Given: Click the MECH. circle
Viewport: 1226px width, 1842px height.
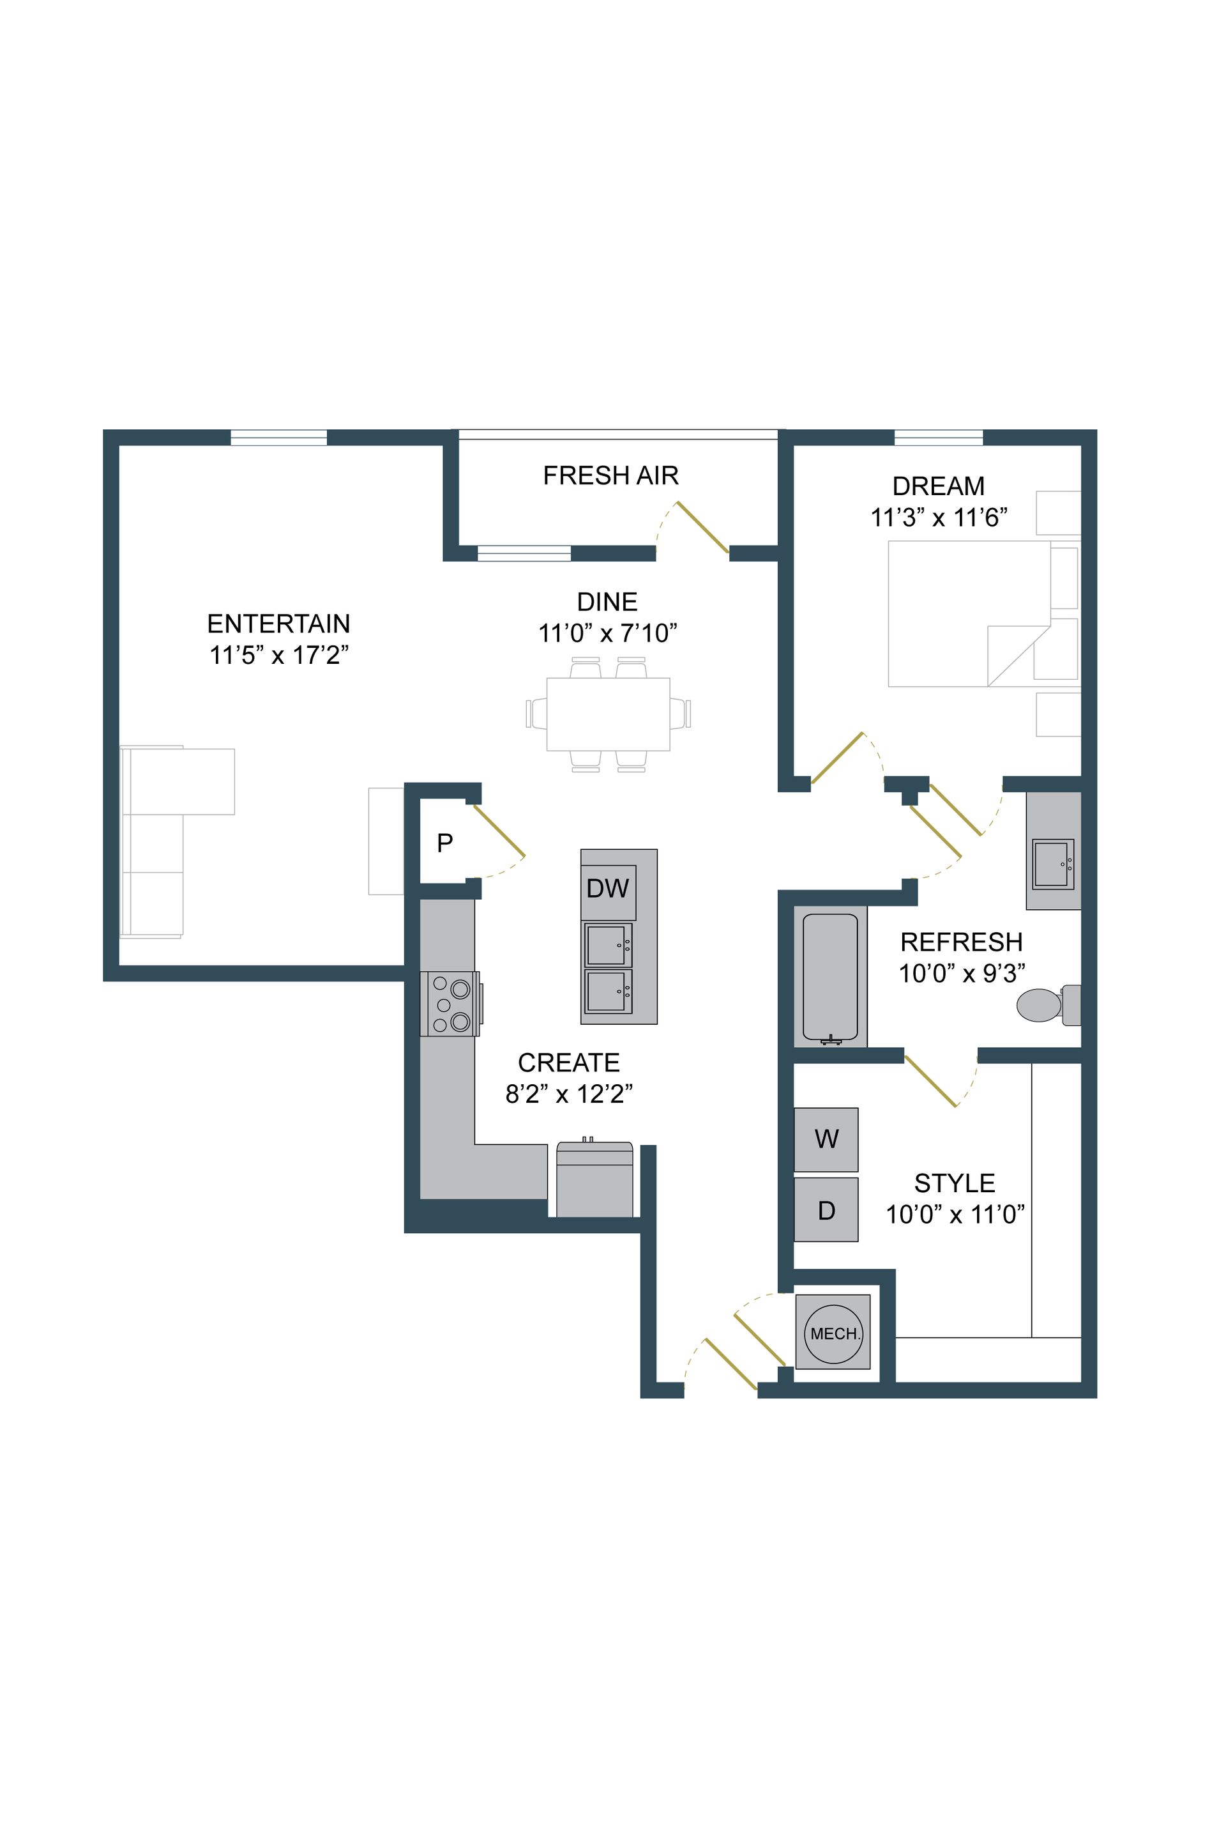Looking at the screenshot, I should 833,1333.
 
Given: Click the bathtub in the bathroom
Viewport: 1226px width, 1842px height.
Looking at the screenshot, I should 829,978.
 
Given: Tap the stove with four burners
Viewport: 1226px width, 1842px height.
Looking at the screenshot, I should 450,1004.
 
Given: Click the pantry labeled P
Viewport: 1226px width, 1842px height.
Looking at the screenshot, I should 444,843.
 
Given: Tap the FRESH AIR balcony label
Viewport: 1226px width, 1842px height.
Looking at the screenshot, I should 610,475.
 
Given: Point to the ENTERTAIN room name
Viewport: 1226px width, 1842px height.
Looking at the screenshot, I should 278,624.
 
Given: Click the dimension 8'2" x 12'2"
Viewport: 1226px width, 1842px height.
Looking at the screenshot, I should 568,1093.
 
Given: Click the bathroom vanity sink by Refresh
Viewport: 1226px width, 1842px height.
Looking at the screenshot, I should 1052,864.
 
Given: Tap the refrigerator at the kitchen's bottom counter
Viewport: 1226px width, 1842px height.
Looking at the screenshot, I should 594,1179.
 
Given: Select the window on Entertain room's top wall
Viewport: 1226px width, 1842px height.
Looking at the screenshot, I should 278,437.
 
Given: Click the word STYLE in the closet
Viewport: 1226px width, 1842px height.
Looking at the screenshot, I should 954,1183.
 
